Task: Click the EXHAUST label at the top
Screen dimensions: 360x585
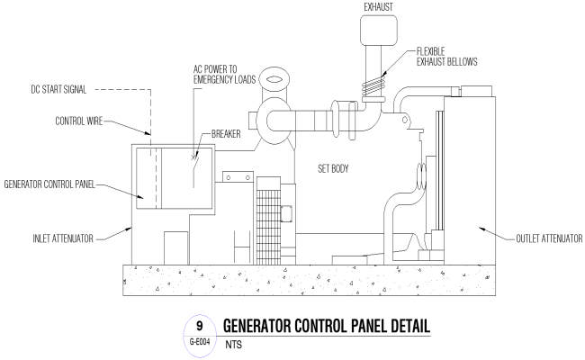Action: point(379,5)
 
